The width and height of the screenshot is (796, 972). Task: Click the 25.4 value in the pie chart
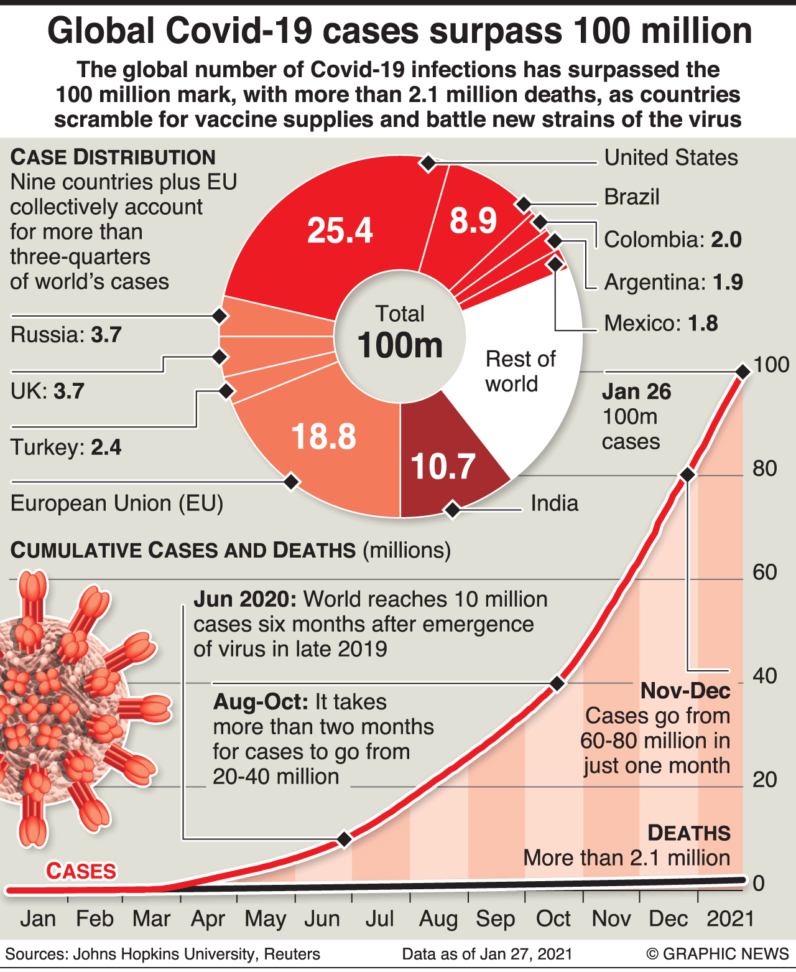[x=340, y=230]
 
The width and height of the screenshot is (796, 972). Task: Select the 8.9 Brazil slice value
[x=473, y=221]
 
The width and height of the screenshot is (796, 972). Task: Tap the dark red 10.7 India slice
[x=443, y=466]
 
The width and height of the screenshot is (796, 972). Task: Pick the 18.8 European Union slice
[x=323, y=436]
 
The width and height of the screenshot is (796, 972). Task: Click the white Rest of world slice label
[x=520, y=372]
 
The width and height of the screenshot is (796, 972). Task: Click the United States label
[x=671, y=157]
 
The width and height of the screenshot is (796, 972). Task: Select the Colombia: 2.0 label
[x=673, y=240]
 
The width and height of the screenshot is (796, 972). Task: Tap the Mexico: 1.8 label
[x=661, y=324]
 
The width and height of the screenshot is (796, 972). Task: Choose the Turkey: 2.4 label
[x=66, y=447]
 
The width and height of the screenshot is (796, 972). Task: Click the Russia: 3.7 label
[x=66, y=335]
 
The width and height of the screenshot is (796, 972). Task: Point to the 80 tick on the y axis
[x=764, y=469]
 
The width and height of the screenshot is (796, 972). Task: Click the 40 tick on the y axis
[x=764, y=676]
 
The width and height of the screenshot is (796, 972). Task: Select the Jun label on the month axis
[x=322, y=918]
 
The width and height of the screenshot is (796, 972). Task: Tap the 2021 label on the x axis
[x=731, y=918]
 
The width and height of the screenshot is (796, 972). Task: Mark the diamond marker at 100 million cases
[x=743, y=372]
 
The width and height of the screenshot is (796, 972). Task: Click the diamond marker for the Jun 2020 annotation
[x=344, y=839]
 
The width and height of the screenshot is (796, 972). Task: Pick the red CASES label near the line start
[x=81, y=871]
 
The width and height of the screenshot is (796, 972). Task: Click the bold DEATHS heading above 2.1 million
[x=689, y=833]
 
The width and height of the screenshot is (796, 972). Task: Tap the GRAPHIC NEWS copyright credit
[x=718, y=954]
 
